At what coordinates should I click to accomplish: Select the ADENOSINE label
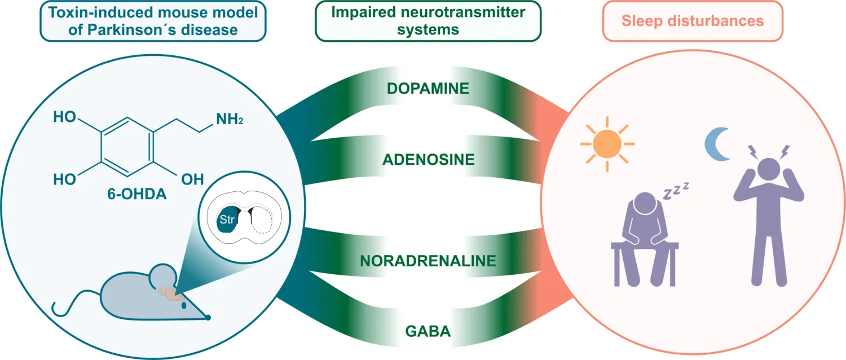click(428, 160)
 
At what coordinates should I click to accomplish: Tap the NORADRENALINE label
click(428, 261)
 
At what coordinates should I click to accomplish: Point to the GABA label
click(428, 331)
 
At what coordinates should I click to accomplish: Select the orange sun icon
click(607, 144)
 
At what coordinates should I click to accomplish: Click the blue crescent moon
click(715, 144)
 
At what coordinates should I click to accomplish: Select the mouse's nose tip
click(208, 318)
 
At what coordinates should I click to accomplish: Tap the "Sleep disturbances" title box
click(692, 21)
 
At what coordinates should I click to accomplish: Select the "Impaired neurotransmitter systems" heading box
click(428, 21)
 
